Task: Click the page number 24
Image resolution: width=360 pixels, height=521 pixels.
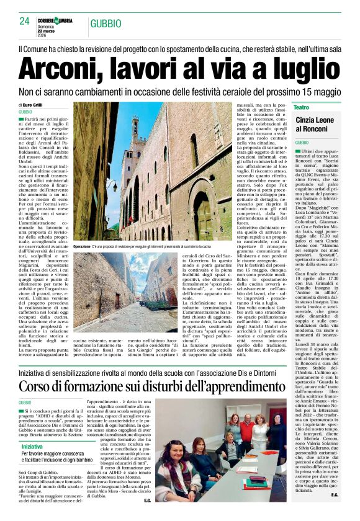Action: tap(24, 21)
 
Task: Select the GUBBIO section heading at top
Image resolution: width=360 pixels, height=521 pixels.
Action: tap(106, 24)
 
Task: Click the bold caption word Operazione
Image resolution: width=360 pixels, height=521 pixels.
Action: tap(86, 247)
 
